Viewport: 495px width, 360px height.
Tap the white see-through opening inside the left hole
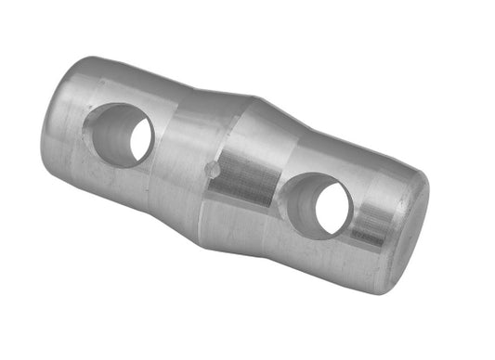(x=140, y=139)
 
